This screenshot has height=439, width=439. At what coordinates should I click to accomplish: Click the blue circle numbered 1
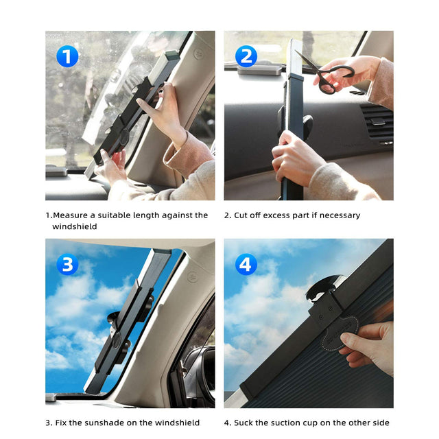click(x=67, y=56)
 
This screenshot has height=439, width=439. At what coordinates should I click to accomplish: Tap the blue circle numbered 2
click(x=246, y=56)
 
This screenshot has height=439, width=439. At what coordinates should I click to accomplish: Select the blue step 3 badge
click(x=67, y=264)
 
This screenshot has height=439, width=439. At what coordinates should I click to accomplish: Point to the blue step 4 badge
click(x=246, y=264)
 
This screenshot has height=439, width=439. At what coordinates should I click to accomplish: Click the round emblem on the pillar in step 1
click(x=198, y=54)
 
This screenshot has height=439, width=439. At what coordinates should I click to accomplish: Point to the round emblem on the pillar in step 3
click(x=191, y=278)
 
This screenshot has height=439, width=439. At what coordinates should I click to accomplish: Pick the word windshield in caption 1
click(x=75, y=226)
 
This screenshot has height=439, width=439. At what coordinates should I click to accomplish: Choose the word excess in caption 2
click(x=278, y=215)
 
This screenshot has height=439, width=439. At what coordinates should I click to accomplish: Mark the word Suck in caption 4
click(x=245, y=423)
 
